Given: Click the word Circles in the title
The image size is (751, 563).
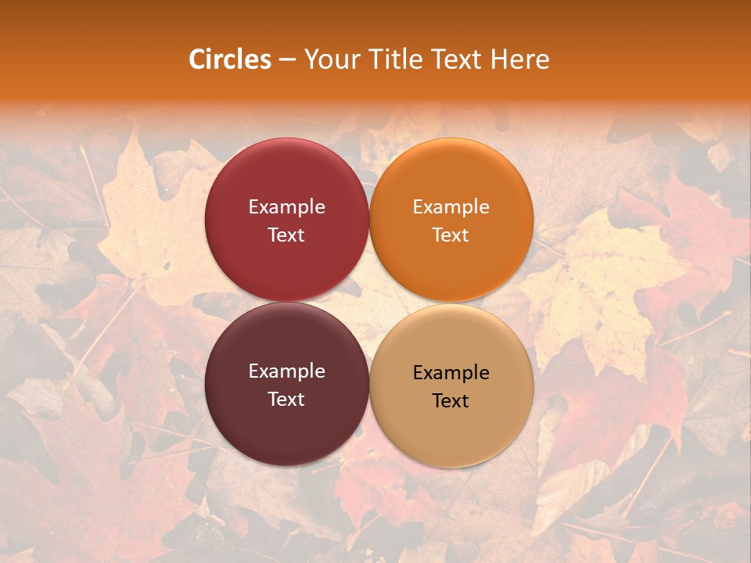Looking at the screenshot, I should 230,59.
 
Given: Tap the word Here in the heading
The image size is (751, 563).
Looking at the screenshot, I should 520,59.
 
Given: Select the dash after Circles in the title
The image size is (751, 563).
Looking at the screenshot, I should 287,59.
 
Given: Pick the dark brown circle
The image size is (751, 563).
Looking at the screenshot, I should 286,426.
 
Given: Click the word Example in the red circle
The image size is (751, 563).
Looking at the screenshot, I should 286,207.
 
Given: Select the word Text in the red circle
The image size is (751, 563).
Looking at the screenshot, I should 286,235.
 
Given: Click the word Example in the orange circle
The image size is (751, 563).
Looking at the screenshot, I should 451,207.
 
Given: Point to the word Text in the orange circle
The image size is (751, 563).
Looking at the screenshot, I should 451,235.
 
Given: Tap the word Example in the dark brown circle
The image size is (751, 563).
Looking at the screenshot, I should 286,371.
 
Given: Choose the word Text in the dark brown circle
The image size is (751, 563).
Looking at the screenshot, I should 286,399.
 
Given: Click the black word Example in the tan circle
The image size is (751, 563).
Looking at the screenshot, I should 451,373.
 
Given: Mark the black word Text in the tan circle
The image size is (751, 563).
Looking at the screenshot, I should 451,400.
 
